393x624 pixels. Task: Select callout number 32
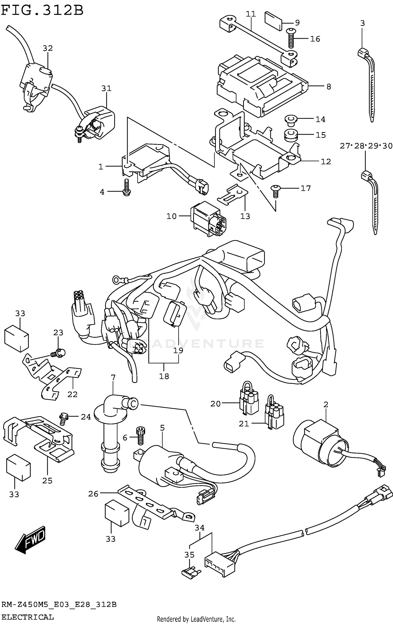48,48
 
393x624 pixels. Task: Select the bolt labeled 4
127,188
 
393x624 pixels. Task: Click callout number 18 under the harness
164,376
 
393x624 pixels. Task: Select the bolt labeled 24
64,418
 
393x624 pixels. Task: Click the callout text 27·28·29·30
366,146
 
